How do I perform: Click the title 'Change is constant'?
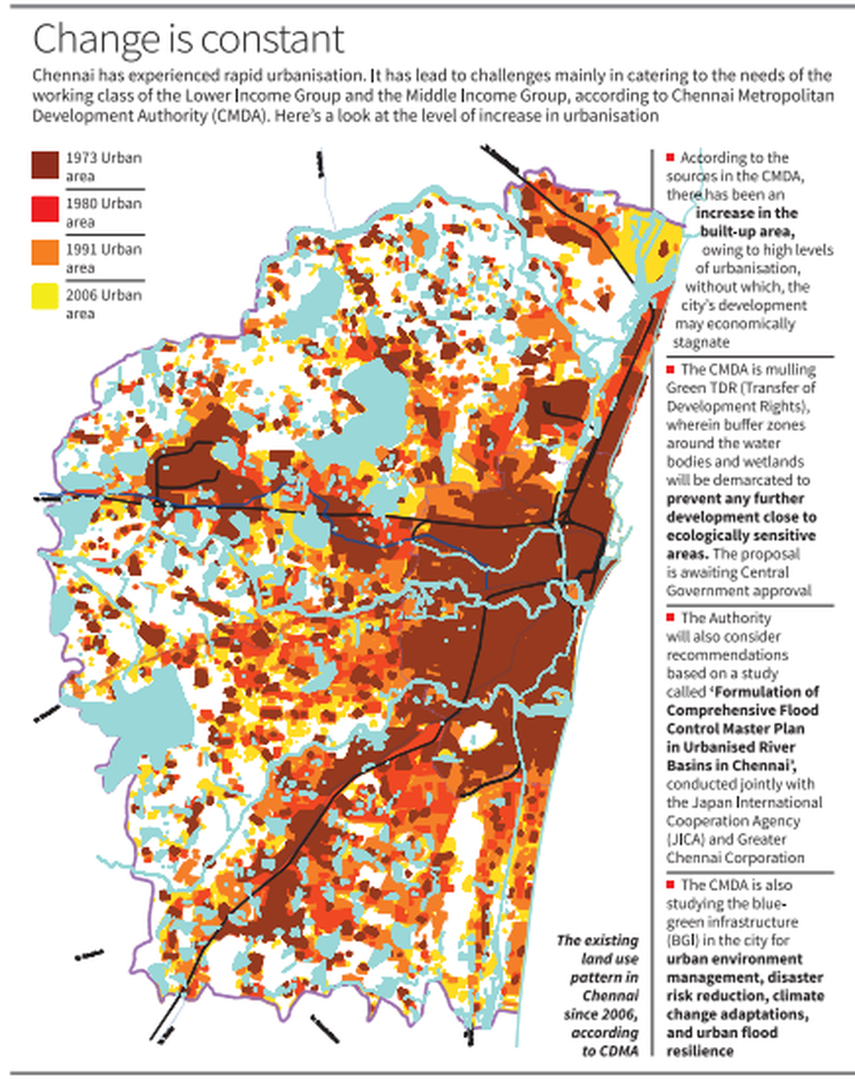(188, 39)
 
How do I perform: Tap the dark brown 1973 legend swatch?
(45, 165)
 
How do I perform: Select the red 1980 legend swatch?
(45, 210)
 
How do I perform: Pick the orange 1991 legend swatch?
(45, 252)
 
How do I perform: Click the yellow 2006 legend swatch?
(45, 296)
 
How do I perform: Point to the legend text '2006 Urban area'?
(103, 304)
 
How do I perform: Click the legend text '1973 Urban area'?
(103, 166)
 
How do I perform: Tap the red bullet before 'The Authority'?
(670, 617)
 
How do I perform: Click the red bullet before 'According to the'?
(670, 157)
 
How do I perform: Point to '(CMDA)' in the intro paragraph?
(239, 115)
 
